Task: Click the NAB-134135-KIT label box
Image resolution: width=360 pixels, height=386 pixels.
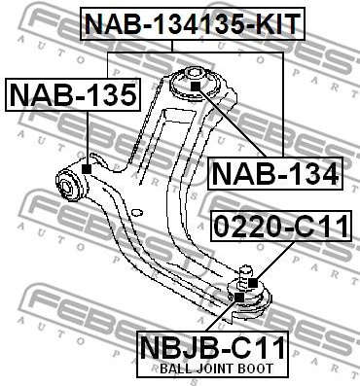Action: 193,23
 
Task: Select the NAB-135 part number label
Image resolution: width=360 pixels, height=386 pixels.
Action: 73,94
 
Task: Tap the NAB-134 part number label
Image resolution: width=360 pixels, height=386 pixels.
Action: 275,173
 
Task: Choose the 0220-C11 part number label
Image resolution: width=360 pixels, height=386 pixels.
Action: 281,226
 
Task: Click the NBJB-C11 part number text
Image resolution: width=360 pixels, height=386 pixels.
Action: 212,347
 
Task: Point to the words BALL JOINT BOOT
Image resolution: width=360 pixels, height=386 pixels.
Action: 217,368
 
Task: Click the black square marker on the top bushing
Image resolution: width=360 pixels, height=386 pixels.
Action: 196,87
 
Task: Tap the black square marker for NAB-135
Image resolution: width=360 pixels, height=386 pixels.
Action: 87,169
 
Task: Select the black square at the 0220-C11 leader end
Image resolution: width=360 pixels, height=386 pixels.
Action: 253,283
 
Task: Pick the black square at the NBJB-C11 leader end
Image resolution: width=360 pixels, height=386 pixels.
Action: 239,297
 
